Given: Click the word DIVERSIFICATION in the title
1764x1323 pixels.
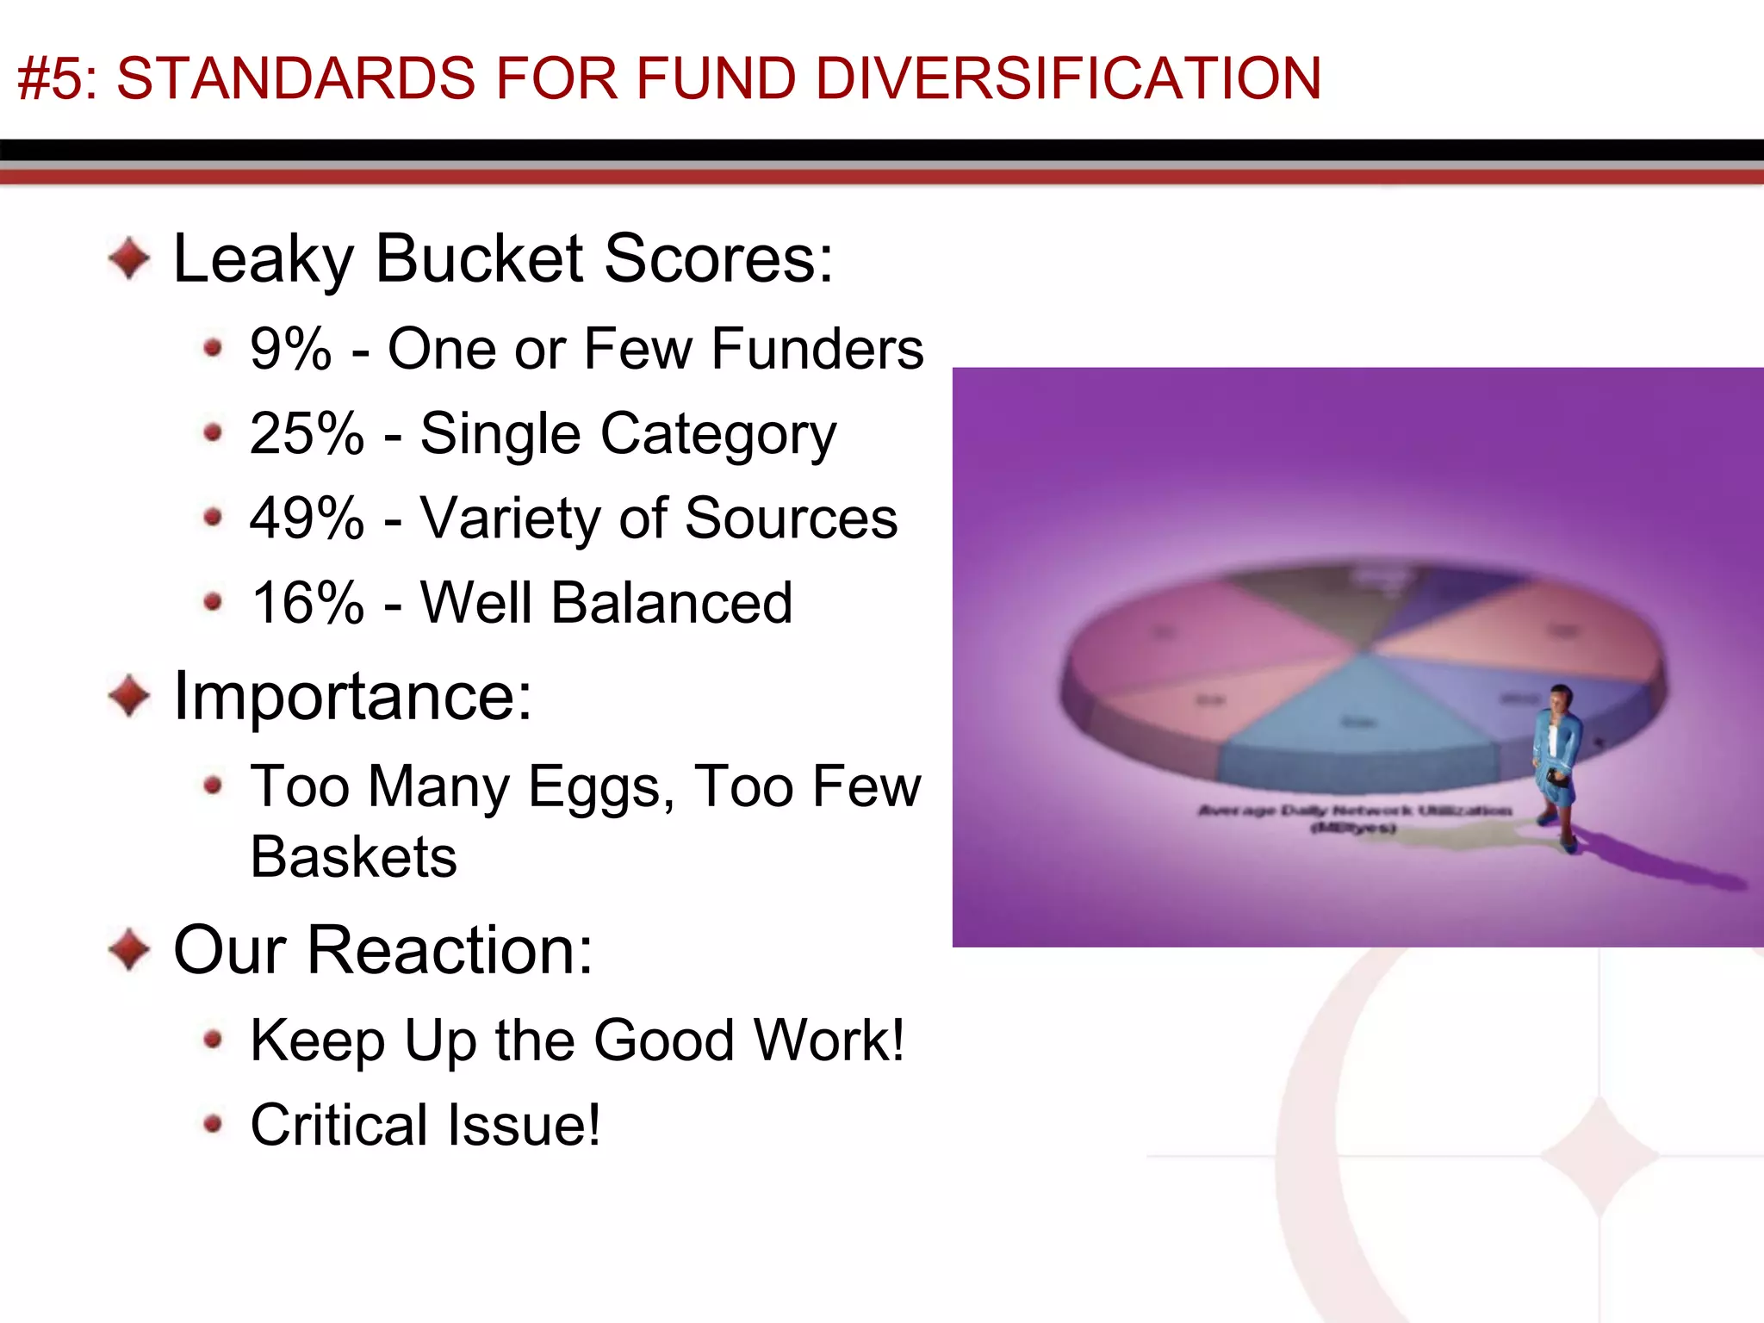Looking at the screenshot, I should tap(1068, 78).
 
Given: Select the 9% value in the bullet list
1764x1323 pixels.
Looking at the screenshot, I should tap(290, 349).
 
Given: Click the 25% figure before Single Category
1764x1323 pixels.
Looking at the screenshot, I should tap(307, 432).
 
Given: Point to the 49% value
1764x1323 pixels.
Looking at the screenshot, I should tap(307, 518).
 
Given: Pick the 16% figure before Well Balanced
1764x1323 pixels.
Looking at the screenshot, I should tap(307, 602).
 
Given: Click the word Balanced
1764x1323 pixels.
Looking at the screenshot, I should tap(671, 602).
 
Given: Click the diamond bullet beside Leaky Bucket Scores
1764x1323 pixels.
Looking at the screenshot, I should tap(129, 258).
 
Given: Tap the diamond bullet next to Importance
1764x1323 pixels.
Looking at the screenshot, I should tap(129, 695).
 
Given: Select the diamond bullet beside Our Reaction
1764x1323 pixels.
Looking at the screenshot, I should tap(129, 948).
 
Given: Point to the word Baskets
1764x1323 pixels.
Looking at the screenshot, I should tap(353, 857).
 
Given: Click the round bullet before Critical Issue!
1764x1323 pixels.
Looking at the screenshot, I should tap(213, 1124).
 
